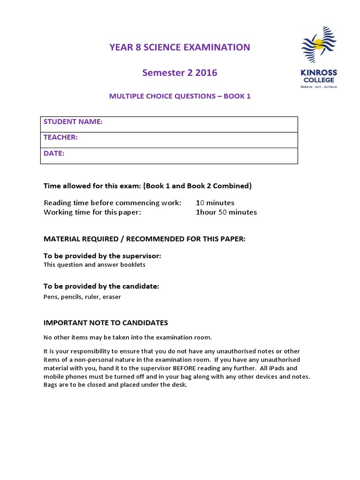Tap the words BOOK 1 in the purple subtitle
(x=237, y=96)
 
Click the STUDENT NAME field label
(x=73, y=122)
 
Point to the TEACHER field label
(x=60, y=137)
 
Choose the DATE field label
(x=54, y=153)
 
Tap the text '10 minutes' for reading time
(x=215, y=203)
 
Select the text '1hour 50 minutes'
(x=226, y=212)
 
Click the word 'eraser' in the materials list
(x=112, y=297)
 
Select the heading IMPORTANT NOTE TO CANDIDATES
(x=105, y=322)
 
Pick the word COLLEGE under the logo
(x=319, y=80)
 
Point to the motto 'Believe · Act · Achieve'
(x=319, y=86)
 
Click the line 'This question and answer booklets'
(x=94, y=264)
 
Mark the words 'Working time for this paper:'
(x=92, y=212)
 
